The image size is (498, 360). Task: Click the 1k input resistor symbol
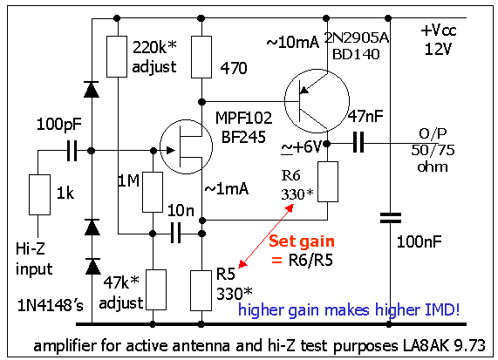tap(39, 194)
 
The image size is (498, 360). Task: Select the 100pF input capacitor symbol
tap(72, 151)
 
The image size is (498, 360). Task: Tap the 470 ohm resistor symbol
tap(201, 57)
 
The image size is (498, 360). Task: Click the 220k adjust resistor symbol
tap(117, 57)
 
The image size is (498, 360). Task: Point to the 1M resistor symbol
tap(153, 192)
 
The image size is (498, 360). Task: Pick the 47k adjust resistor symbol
tap(156, 289)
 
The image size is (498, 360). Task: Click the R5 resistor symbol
tap(201, 290)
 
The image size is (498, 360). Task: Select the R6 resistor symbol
tap(328, 181)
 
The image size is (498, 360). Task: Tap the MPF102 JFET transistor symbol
tap(186, 146)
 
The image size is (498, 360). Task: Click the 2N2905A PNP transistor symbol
tap(317, 101)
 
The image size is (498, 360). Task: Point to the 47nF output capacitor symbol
tap(358, 143)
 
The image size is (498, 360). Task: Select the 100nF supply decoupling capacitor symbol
tap(391, 218)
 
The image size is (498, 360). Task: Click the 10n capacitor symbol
tap(175, 233)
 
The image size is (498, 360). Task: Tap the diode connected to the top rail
tap(92, 89)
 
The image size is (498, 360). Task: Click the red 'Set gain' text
tap(302, 241)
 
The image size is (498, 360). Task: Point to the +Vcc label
tap(439, 31)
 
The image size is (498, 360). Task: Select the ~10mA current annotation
tap(292, 42)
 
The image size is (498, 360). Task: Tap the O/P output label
tap(433, 133)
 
